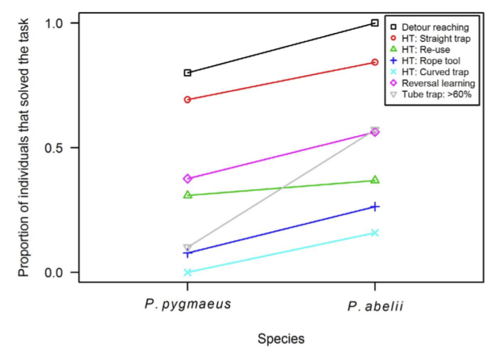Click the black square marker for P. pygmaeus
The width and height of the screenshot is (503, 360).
(188, 72)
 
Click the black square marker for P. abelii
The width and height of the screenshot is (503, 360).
(375, 23)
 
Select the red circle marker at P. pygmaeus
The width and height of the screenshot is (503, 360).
(188, 99)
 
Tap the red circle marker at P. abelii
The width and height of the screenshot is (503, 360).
(375, 62)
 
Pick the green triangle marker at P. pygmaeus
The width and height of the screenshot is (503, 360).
(188, 194)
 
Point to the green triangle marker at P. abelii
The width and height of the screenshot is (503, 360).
(375, 180)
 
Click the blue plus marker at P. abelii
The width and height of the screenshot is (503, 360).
(375, 206)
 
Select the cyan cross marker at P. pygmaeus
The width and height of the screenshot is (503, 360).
(188, 272)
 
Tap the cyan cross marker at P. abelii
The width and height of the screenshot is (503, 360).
(375, 233)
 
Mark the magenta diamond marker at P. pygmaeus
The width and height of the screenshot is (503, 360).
(188, 178)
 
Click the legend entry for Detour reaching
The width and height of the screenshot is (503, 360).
(434, 27)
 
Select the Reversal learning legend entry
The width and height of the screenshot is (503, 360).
(438, 83)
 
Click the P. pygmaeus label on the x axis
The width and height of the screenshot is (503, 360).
(188, 304)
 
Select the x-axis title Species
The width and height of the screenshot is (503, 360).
(281, 339)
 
